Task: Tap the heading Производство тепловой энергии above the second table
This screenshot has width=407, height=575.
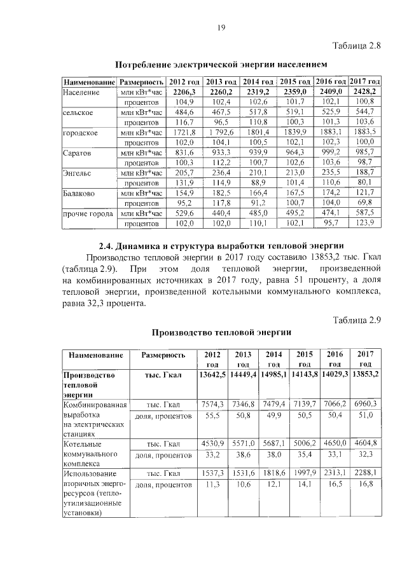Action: coord(221,332)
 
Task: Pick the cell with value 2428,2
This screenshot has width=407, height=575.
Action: coord(365,92)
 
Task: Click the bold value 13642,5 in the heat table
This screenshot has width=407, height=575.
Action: coord(212,375)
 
